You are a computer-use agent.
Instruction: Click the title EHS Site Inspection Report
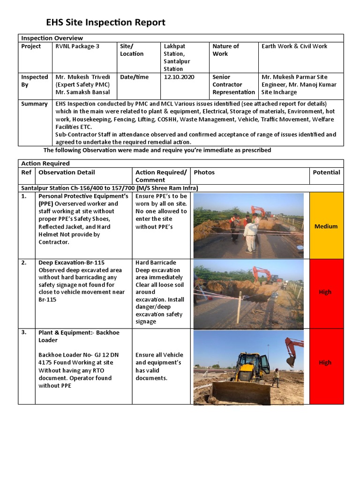105,22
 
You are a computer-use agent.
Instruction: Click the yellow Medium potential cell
326,226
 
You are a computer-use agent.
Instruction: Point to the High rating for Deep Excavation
325,292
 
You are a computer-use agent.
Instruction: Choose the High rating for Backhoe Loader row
325,363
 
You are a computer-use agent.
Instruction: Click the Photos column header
204,172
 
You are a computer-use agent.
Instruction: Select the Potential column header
326,172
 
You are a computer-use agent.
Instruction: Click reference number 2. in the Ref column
24,263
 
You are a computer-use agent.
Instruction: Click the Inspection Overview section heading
52,38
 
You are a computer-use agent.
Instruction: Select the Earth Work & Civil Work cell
294,46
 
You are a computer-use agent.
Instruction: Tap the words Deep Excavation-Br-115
71,263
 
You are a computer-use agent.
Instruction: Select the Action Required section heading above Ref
45,164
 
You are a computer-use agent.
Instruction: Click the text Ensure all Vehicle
159,355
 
